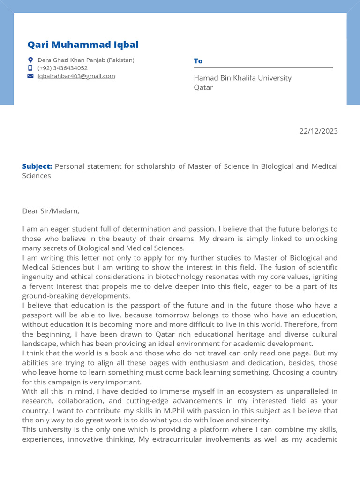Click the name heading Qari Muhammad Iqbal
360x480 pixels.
click(x=82, y=45)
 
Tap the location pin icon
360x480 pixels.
click(x=30, y=60)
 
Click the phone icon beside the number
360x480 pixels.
click(x=30, y=68)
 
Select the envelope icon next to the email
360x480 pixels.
click(x=30, y=76)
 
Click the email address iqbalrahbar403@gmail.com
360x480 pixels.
click(x=76, y=76)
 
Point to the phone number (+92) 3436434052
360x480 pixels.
click(x=62, y=68)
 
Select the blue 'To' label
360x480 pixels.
click(x=198, y=61)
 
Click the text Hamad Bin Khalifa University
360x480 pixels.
click(x=242, y=78)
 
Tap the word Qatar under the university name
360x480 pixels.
click(x=203, y=87)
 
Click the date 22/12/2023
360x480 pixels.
click(x=318, y=131)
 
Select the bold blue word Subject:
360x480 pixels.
click(x=37, y=166)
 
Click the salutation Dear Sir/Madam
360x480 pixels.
click(x=51, y=211)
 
